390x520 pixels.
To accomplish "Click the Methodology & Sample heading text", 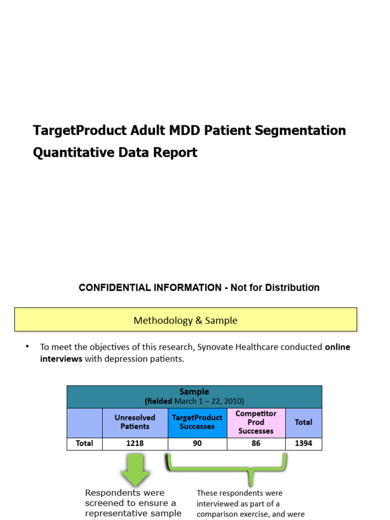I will point(185,320).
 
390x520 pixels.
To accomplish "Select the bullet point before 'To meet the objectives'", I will point(27,347).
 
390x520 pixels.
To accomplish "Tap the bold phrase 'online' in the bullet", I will point(337,347).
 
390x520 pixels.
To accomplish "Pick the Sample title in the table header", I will point(194,392).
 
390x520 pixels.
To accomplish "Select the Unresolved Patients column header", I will point(135,422).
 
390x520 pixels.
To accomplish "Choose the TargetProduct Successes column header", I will point(197,422).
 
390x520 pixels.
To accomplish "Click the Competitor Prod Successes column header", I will point(256,422).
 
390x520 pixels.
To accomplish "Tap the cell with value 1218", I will point(135,443).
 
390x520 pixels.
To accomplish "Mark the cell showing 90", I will point(197,443).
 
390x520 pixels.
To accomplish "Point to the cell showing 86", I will point(256,443).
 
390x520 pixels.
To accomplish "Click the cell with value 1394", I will point(303,443).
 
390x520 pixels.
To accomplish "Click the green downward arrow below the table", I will point(135,469).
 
